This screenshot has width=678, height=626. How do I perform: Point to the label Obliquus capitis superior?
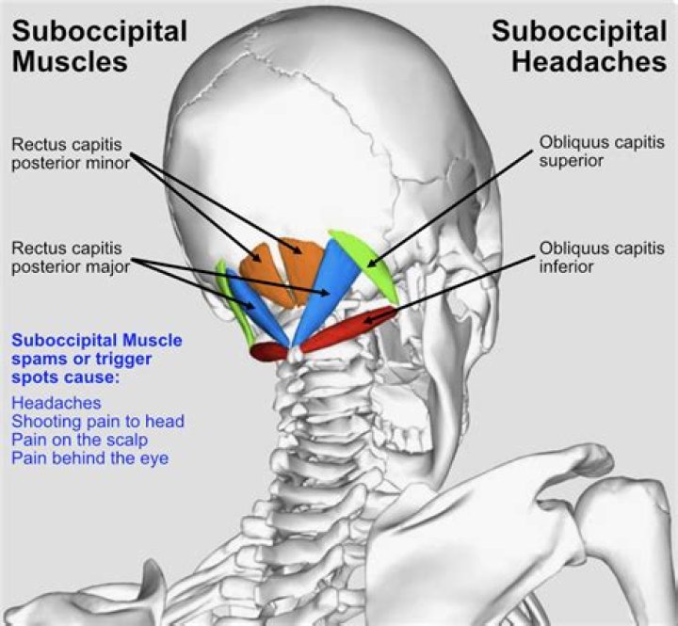pos(602,152)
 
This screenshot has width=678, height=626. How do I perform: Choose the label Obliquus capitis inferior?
pos(602,258)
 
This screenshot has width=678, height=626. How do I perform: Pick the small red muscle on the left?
pos(269,350)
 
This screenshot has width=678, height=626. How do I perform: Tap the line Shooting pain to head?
pos(97,421)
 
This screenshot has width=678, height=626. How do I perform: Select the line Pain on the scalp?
pos(79,440)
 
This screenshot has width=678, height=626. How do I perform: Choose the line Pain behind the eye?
pos(90,458)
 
